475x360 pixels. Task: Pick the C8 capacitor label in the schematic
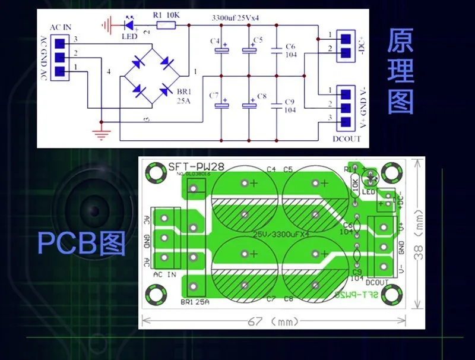[x=262, y=96]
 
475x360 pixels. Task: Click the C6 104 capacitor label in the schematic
[x=290, y=50]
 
